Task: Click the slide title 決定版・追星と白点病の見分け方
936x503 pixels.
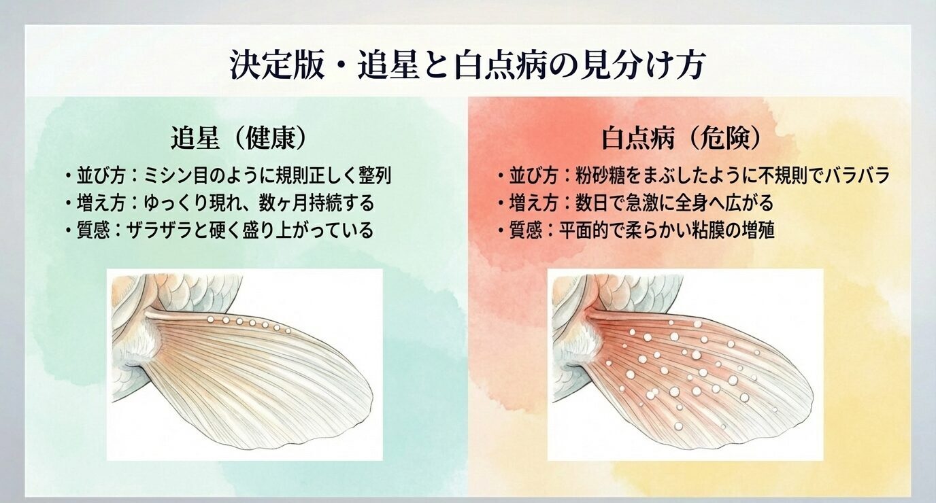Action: (467, 66)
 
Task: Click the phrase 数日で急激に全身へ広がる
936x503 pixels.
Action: (667, 203)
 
